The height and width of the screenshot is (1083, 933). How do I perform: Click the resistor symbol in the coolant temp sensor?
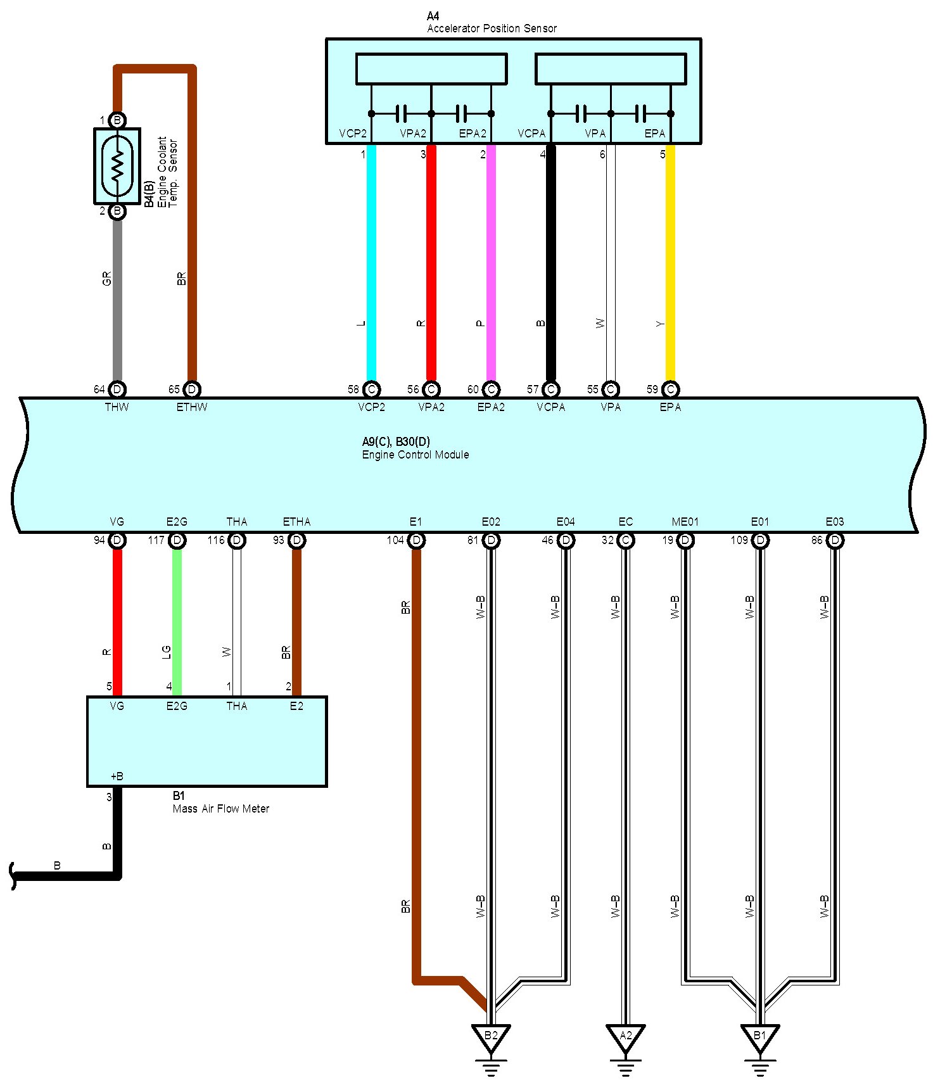click(117, 165)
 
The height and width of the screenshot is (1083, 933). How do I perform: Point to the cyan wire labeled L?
click(372, 266)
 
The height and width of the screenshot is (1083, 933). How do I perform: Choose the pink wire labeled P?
click(491, 266)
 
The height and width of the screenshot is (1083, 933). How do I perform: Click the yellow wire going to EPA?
click(670, 266)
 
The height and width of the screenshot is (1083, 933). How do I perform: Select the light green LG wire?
click(177, 621)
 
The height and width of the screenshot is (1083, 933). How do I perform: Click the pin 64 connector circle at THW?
click(117, 389)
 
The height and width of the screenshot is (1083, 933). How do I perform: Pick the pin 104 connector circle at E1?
click(416, 540)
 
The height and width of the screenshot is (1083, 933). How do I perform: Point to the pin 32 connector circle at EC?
click(625, 540)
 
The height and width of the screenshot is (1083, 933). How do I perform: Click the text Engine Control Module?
click(416, 455)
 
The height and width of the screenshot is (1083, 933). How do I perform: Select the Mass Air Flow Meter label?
click(220, 809)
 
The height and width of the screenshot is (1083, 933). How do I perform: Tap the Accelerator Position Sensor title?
click(492, 28)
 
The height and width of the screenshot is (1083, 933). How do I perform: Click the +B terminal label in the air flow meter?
click(117, 776)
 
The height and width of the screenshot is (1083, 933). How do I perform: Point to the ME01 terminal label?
click(685, 522)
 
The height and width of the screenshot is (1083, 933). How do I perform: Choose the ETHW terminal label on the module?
click(192, 407)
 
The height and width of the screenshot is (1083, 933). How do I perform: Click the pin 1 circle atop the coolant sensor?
click(117, 120)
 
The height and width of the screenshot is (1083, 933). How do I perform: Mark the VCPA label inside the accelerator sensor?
click(531, 134)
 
